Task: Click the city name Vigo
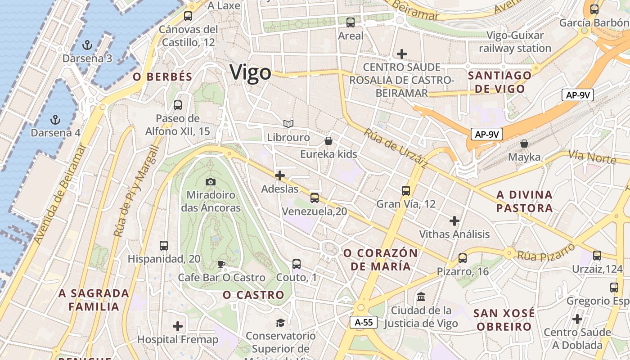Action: [x=251, y=72]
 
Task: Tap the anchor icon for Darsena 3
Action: [x=87, y=45]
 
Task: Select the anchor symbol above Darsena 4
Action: [x=55, y=120]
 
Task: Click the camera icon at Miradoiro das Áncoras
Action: [x=210, y=182]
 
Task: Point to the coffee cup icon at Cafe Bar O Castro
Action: [x=221, y=264]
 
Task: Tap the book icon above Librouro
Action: [x=288, y=124]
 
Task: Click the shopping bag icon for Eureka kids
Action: [x=328, y=141]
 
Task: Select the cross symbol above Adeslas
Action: [x=280, y=175]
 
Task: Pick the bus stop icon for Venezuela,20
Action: [x=314, y=198]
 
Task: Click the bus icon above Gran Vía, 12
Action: [x=406, y=190]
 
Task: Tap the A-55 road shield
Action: [x=364, y=322]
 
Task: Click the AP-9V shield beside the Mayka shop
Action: [x=487, y=134]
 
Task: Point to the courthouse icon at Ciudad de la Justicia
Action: [x=422, y=297]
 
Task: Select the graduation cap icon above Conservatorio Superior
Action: [x=280, y=322]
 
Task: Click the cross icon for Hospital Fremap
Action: [x=178, y=326]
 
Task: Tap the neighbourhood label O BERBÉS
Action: [x=162, y=77]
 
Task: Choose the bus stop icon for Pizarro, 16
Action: [x=463, y=258]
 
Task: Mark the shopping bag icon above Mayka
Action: [x=524, y=144]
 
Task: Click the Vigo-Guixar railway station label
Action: [x=515, y=42]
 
